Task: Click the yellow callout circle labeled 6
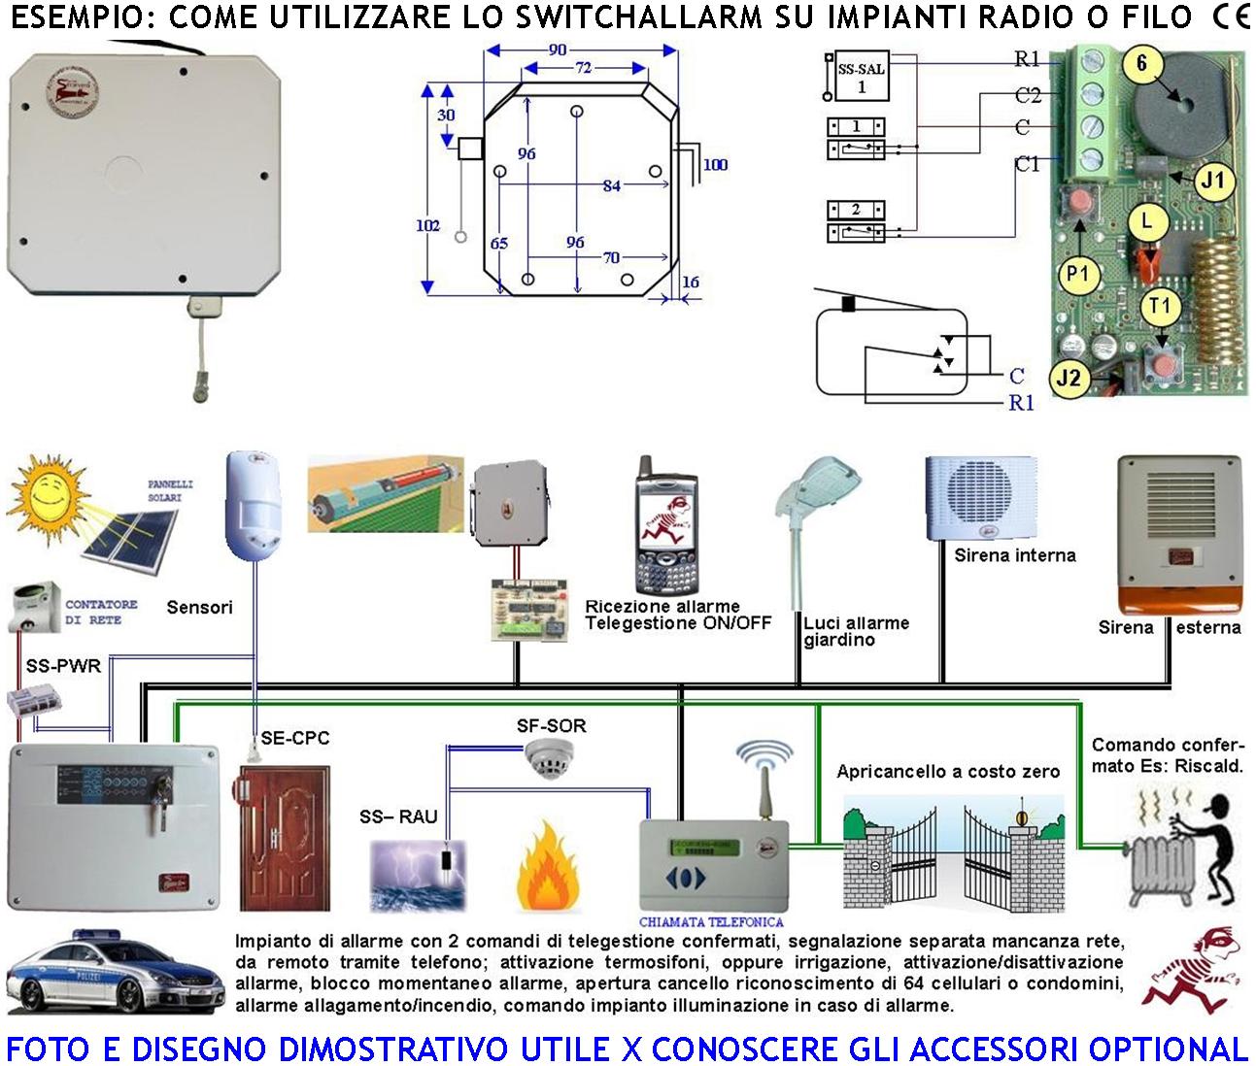point(1141,64)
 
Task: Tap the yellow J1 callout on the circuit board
point(1211,180)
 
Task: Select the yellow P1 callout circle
point(1077,275)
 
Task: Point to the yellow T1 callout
point(1160,307)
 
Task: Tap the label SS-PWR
point(63,666)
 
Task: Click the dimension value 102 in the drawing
point(427,225)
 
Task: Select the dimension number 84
point(611,185)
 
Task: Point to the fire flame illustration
point(549,870)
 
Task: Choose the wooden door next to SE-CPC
point(284,838)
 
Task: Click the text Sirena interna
point(1015,555)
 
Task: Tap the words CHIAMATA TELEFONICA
point(711,921)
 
